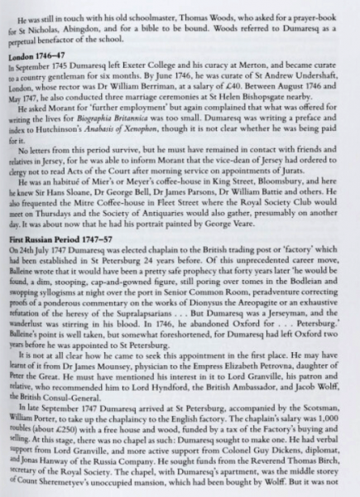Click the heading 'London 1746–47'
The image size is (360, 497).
[35, 56]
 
